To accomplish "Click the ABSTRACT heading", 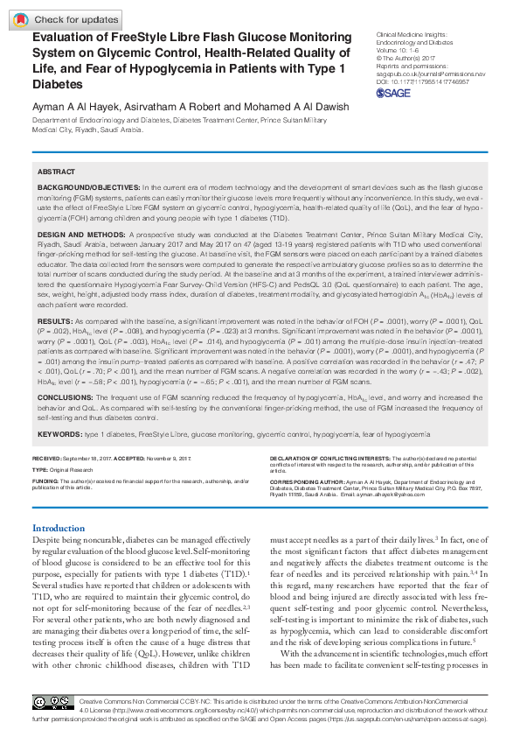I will click(57, 172).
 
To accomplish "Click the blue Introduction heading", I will click(59, 528).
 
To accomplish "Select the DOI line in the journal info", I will click(424, 82).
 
